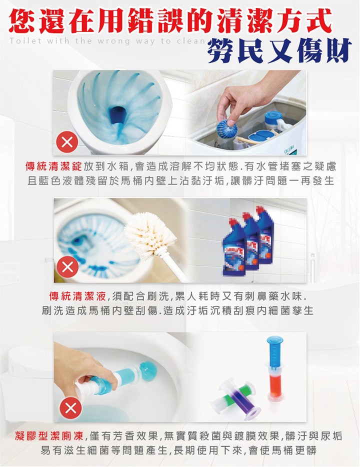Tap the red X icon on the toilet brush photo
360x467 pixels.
coord(67,268)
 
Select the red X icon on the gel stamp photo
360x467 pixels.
coord(70,408)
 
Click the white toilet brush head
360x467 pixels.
coord(149,233)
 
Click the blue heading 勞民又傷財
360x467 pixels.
coord(279,51)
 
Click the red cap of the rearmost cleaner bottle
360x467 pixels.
coord(260,210)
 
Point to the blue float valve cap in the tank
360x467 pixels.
coord(274,118)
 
